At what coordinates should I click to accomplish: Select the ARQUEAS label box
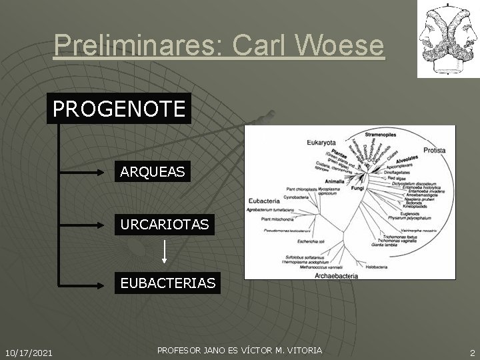tap(152, 172)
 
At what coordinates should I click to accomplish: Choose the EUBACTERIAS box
tap(167, 283)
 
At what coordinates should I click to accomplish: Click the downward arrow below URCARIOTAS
tap(165, 253)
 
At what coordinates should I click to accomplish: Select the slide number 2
tap(471, 352)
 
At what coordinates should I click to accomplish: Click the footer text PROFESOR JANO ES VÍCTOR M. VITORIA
tap(239, 350)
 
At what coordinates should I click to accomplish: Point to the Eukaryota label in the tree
tap(321, 141)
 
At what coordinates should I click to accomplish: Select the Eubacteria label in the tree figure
tap(264, 200)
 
